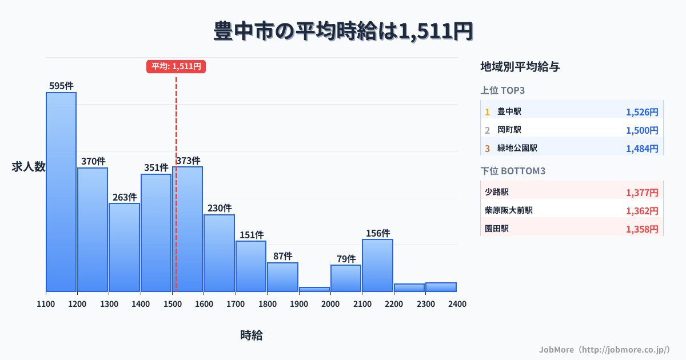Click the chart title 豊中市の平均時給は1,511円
click(343, 31)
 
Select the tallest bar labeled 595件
click(61, 191)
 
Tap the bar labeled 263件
click(125, 247)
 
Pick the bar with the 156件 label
click(377, 265)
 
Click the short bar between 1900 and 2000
click(314, 289)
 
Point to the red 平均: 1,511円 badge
click(176, 66)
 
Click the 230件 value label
click(220, 209)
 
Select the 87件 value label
click(282, 256)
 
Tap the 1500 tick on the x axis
click(172, 304)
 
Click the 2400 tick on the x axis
click(457, 304)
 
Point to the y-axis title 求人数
click(29, 167)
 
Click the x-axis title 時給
click(252, 335)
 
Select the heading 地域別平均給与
click(520, 67)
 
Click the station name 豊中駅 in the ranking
click(509, 112)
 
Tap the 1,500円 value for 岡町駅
click(642, 130)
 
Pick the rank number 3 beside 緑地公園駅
click(488, 149)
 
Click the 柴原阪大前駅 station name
click(509, 211)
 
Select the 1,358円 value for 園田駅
click(642, 229)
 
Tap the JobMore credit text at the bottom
click(605, 349)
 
